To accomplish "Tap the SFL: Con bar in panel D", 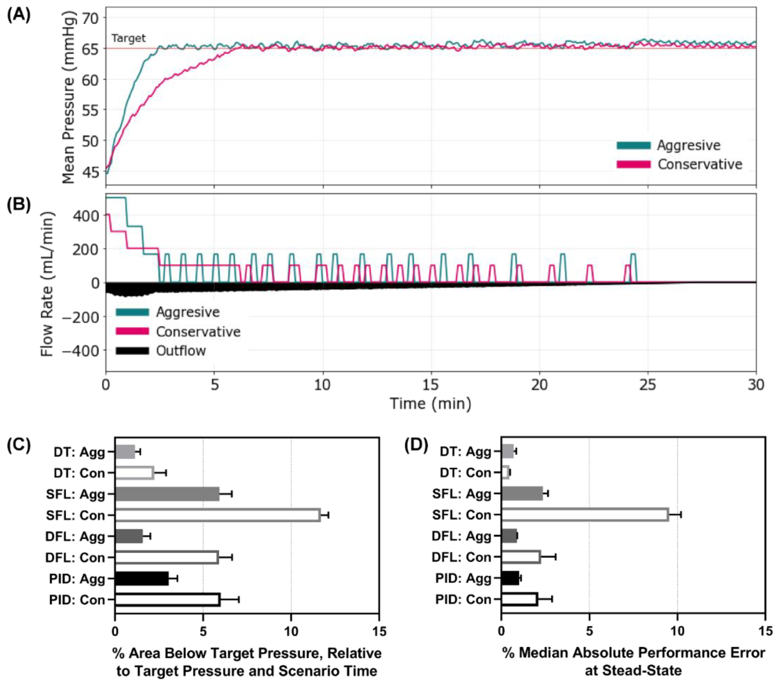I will (x=585, y=515).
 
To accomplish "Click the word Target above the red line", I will (x=128, y=38).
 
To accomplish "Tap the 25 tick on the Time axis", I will (x=647, y=385).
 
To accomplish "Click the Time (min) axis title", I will (x=430, y=404).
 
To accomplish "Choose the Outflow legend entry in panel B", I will (x=181, y=351).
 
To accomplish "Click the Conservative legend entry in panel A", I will (x=699, y=164).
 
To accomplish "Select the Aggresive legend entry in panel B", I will (x=188, y=312).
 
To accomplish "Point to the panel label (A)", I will (x=19, y=16).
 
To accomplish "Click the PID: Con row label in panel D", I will (x=463, y=600).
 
